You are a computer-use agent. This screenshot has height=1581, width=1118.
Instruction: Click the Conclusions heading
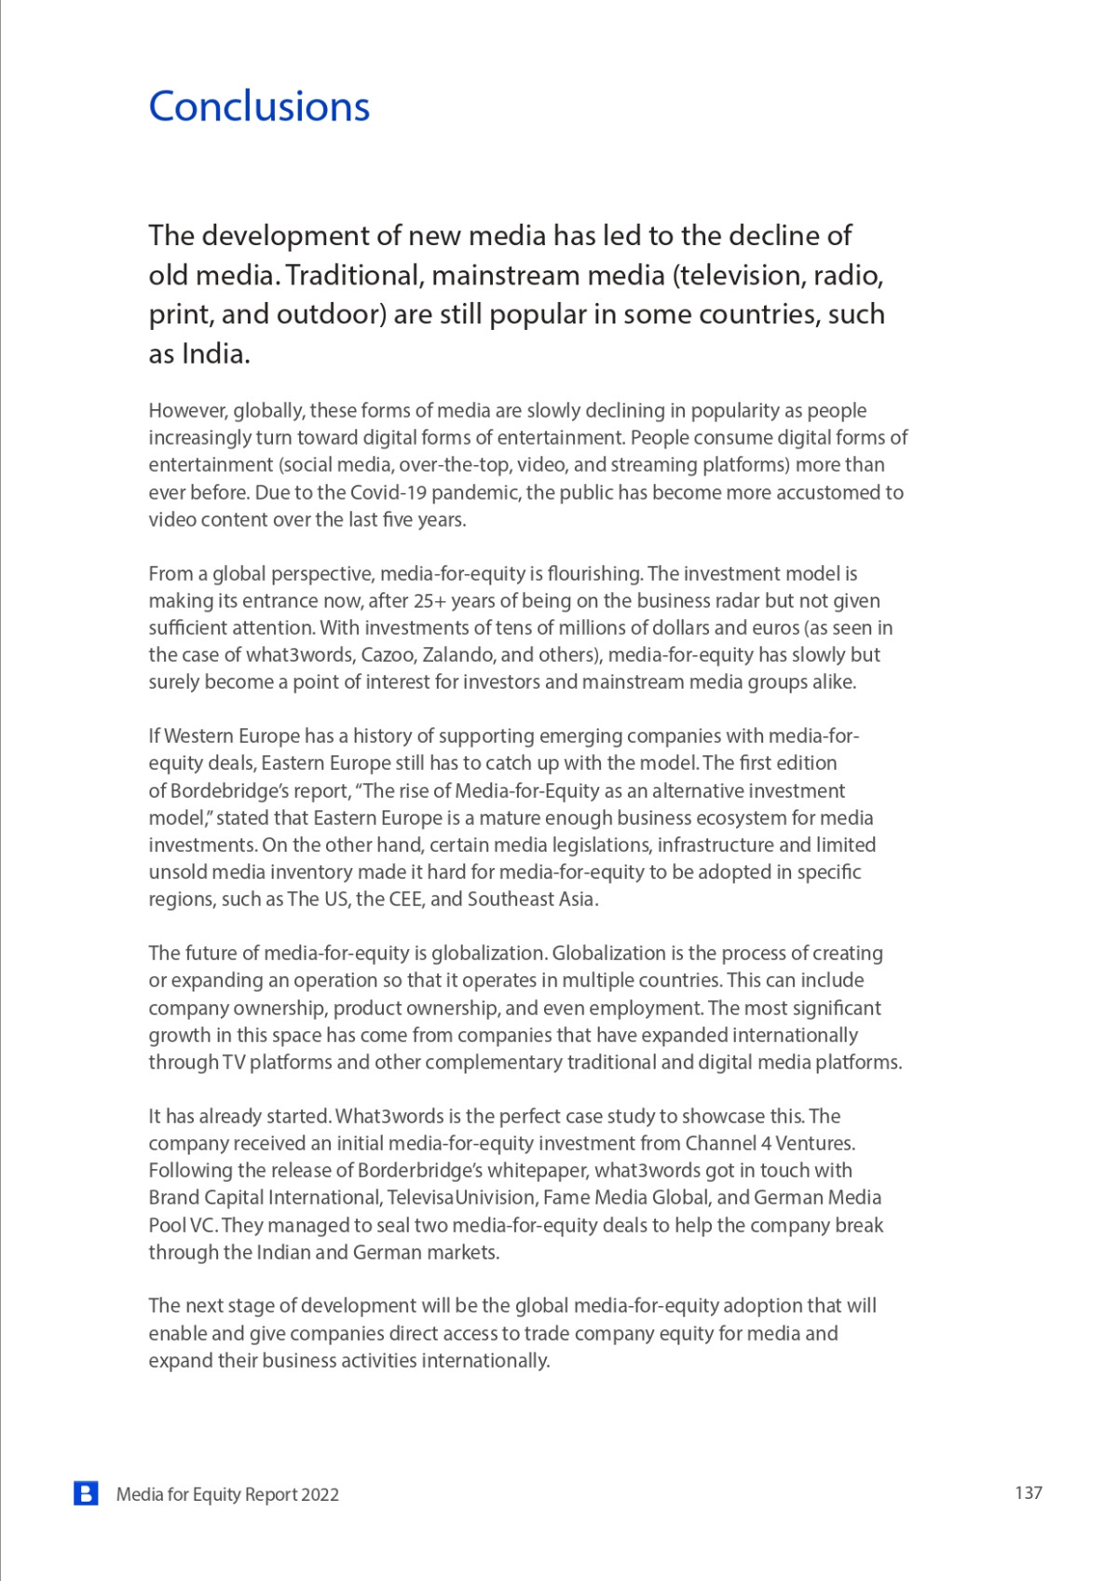tap(259, 106)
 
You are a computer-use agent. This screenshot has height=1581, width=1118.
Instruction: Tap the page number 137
tap(1028, 1492)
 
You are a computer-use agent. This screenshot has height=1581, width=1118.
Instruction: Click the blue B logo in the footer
tap(86, 1493)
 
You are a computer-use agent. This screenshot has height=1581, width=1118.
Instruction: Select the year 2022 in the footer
tap(320, 1494)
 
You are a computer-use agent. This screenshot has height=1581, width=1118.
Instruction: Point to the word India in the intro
tap(214, 354)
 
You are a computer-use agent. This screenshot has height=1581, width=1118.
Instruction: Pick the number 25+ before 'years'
tap(429, 600)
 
